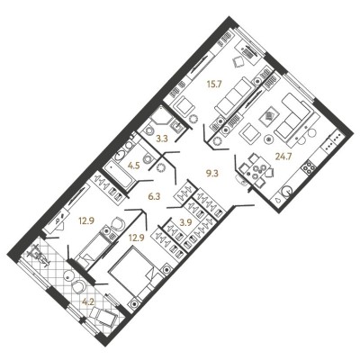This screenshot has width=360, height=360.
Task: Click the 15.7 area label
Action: [214, 85]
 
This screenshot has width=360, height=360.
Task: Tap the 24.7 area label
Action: [283, 157]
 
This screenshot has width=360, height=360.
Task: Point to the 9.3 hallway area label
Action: [212, 173]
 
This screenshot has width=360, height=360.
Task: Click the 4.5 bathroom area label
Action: [133, 166]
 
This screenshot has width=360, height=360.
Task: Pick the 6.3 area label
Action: [155, 197]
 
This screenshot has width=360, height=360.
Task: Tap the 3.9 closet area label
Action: [186, 221]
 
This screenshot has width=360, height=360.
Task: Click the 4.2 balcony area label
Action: [89, 301]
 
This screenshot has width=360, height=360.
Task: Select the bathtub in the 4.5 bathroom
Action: [120, 175]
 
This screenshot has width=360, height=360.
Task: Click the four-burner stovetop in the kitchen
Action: [309, 167]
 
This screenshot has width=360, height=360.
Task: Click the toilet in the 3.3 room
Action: [148, 130]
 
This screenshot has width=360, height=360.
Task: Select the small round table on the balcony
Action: [69, 275]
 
